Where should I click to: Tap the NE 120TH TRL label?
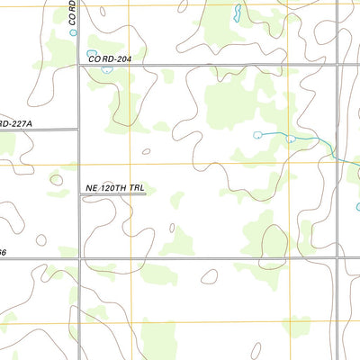114,187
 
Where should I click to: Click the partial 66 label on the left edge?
4,253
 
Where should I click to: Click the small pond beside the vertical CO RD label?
74,32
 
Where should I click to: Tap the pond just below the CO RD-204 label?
107,69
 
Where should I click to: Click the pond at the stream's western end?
258,135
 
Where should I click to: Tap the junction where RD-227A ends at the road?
79,129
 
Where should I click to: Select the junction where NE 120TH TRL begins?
80,193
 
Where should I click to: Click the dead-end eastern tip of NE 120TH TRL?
146,193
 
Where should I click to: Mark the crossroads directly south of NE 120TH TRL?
81,259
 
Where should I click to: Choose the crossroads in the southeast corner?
339,259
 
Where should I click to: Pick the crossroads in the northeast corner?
339,65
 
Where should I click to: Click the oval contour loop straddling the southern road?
209,275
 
